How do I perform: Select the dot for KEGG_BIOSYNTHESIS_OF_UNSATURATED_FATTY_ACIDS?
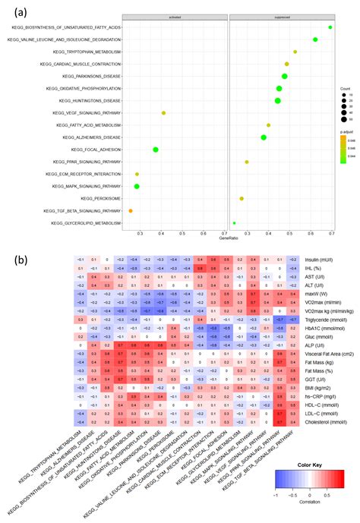(330, 27)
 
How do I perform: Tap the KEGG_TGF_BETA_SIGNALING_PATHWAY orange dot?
(131, 210)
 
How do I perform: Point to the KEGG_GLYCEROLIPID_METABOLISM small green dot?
(234, 223)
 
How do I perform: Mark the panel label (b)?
(24, 260)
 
